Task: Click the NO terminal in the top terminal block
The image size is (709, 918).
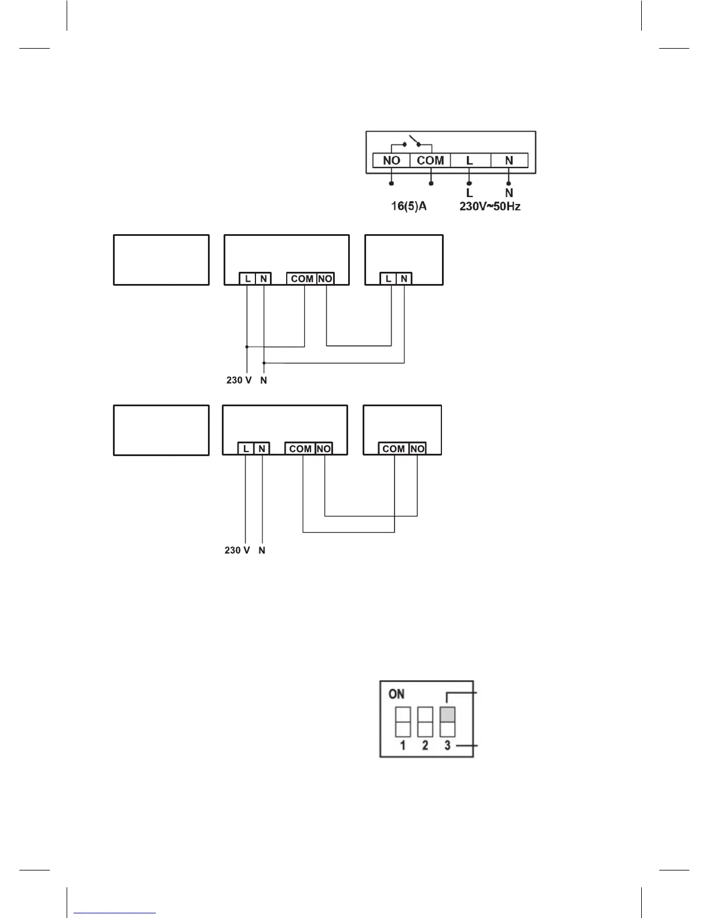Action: [x=392, y=161]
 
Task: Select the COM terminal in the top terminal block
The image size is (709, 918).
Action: [x=430, y=161]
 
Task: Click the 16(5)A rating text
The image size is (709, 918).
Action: [x=408, y=206]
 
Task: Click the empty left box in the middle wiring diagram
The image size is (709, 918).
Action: [x=161, y=260]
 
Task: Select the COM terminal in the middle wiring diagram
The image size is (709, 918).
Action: [x=302, y=279]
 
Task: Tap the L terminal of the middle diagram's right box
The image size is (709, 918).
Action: [x=388, y=279]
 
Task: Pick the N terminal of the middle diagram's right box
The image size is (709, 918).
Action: [x=404, y=279]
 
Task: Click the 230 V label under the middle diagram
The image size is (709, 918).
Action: [x=239, y=381]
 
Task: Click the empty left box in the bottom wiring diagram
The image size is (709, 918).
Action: [x=161, y=430]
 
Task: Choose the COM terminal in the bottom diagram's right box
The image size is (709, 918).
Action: [x=394, y=449]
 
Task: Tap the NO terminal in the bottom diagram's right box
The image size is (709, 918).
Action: [x=417, y=449]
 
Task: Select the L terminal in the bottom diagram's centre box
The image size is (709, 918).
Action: [x=246, y=449]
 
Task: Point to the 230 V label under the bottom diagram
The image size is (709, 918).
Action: [x=237, y=550]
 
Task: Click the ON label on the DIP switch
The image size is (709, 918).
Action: [x=397, y=694]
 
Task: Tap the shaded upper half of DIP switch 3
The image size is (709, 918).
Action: [x=448, y=714]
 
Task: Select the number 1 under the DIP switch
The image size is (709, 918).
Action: [x=403, y=745]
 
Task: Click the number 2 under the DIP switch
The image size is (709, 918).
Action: [x=425, y=745]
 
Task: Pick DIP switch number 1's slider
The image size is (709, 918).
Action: [x=403, y=722]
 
